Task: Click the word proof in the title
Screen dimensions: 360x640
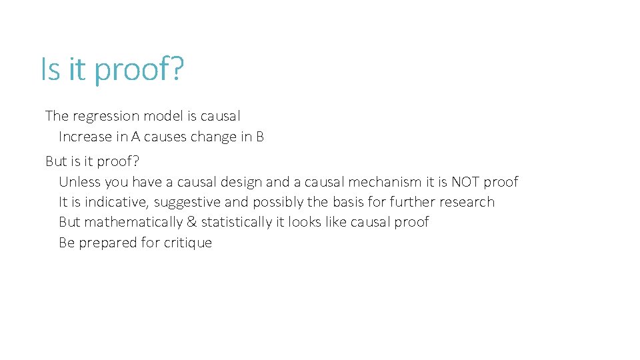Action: [x=137, y=70]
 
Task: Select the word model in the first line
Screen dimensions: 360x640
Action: [x=160, y=116]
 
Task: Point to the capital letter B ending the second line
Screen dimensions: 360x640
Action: [x=260, y=137]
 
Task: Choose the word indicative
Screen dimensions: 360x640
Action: [x=113, y=202]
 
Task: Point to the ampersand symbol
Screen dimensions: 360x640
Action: [x=190, y=222]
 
